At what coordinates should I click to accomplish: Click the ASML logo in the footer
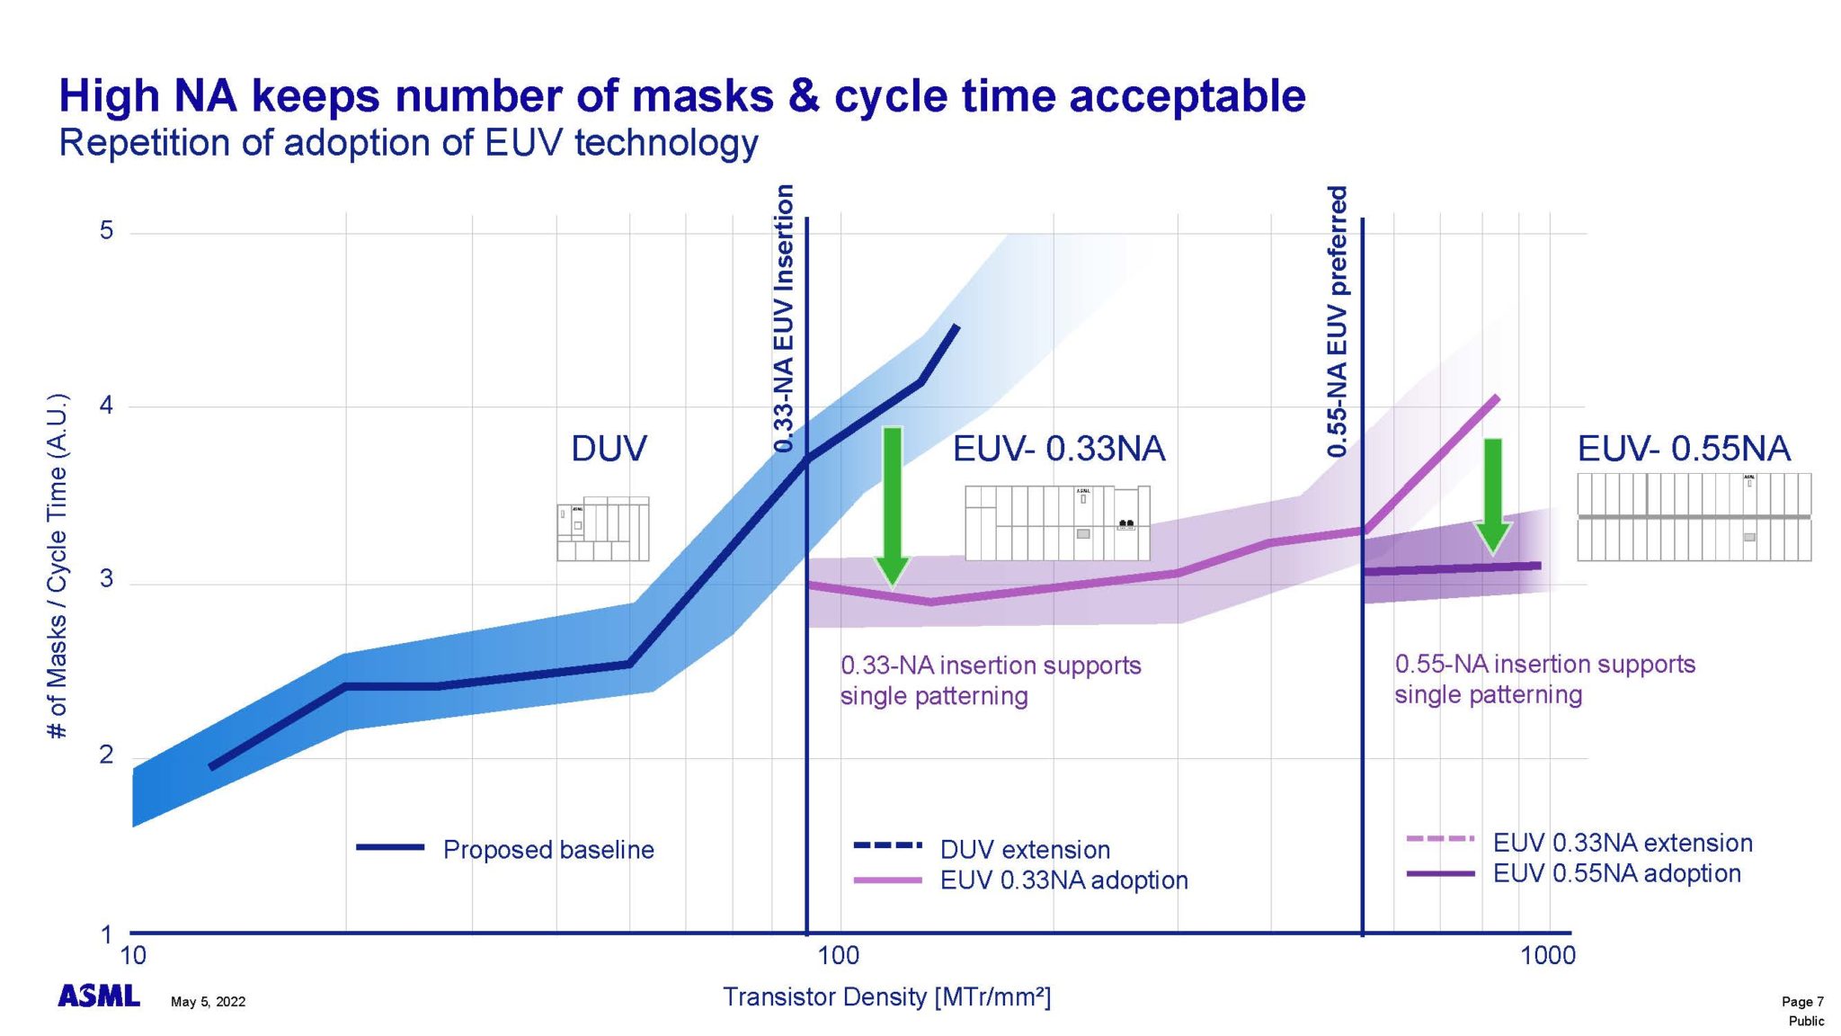(x=99, y=996)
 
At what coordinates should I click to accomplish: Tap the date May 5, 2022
(x=208, y=1002)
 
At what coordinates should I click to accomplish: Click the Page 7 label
(x=1802, y=1001)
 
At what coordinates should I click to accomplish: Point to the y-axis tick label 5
(x=107, y=231)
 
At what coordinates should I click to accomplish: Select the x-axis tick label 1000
(x=1547, y=955)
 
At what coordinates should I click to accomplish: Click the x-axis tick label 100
(x=838, y=955)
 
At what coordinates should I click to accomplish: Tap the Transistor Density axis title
(x=886, y=996)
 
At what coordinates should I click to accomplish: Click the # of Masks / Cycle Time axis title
(x=58, y=567)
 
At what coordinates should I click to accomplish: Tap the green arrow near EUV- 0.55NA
(x=1493, y=495)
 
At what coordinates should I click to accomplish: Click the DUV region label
(x=609, y=448)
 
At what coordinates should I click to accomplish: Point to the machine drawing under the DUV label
(x=602, y=530)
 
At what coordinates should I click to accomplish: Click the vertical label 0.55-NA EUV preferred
(x=1338, y=321)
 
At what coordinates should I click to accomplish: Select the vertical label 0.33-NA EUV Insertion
(x=784, y=318)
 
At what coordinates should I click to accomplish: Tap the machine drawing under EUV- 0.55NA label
(x=1694, y=517)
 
